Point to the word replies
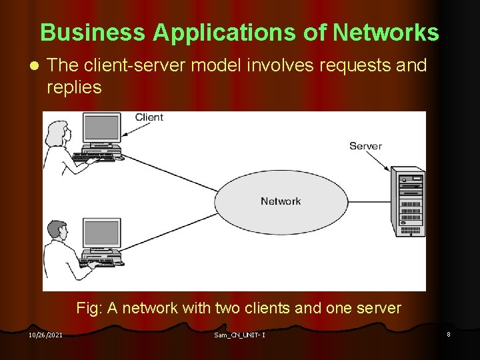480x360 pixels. click(74, 87)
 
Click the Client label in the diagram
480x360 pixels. click(149, 117)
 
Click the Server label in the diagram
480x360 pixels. click(365, 146)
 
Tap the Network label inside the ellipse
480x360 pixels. click(281, 201)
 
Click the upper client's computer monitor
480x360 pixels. click(101, 128)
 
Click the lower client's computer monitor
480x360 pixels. click(102, 234)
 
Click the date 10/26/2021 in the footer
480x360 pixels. click(45, 335)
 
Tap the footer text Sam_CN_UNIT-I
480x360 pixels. click(240, 335)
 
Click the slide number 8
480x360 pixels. click(449, 334)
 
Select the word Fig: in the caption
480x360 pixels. click(88, 308)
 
